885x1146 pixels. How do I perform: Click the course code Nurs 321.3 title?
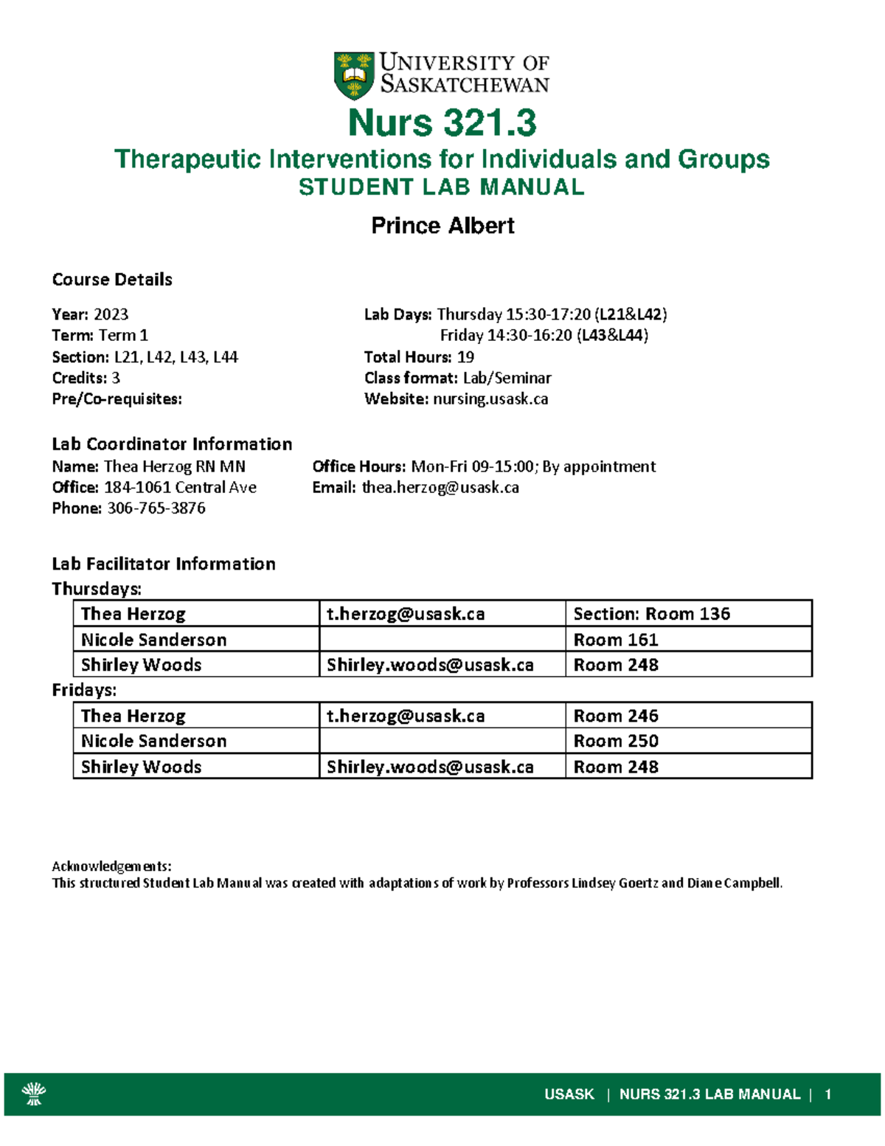[442, 122]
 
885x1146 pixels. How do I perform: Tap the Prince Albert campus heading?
[442, 225]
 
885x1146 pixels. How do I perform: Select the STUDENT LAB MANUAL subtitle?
[441, 187]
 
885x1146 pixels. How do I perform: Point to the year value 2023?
[111, 314]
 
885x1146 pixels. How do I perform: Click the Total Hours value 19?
[465, 357]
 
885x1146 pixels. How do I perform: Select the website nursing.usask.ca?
[490, 399]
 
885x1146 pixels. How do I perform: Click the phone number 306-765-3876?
[156, 508]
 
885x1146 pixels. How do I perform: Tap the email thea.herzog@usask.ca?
[440, 487]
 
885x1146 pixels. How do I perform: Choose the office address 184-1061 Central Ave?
[180, 487]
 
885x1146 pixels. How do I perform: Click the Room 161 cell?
[616, 640]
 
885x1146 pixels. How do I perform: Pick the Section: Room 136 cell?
[651, 614]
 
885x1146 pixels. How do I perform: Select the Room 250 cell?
[616, 741]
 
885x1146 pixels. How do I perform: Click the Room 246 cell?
[616, 716]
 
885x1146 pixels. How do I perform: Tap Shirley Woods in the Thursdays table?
[141, 665]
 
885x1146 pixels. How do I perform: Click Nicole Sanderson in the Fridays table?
[153, 741]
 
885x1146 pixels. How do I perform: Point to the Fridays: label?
[84, 690]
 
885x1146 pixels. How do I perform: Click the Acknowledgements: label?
[111, 866]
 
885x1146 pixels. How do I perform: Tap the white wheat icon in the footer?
[34, 1094]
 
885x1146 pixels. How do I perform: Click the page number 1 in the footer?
[828, 1094]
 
